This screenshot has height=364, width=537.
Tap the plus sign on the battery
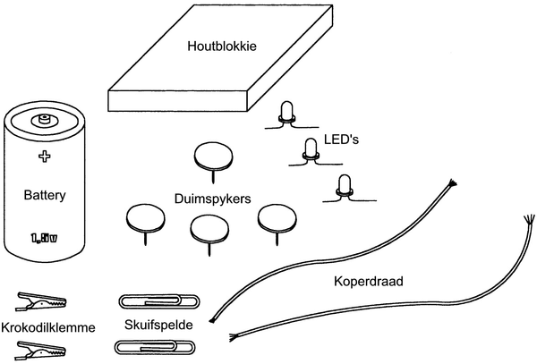[43, 157]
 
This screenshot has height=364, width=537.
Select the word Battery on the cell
[43, 193]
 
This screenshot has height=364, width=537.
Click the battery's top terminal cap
[42, 118]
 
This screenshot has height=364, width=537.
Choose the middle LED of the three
[311, 150]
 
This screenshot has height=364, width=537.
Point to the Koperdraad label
[368, 281]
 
